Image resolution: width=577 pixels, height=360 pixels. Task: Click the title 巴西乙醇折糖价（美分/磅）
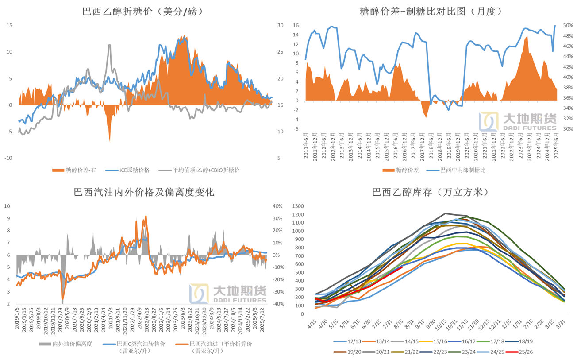142,12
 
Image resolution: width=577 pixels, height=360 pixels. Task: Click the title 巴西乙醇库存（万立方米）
431,192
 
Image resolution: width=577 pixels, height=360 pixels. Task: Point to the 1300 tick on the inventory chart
299,206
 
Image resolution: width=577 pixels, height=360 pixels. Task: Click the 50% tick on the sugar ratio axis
567,25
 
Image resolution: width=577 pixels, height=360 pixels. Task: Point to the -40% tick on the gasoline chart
277,304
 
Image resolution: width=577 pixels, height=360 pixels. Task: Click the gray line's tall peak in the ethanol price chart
109,45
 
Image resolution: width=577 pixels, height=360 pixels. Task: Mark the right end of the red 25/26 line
402,267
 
